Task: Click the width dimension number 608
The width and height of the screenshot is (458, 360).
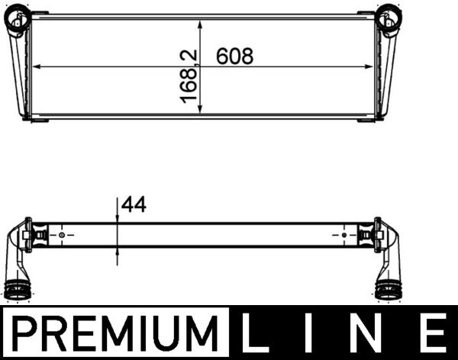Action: [234, 56]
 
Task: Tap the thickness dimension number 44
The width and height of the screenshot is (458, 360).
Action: [133, 204]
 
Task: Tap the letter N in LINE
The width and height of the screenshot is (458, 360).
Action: [373, 335]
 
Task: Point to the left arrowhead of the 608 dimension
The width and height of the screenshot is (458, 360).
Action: [34, 68]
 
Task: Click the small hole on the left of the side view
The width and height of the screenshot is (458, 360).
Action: [62, 235]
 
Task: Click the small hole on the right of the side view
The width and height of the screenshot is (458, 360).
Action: [344, 235]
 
